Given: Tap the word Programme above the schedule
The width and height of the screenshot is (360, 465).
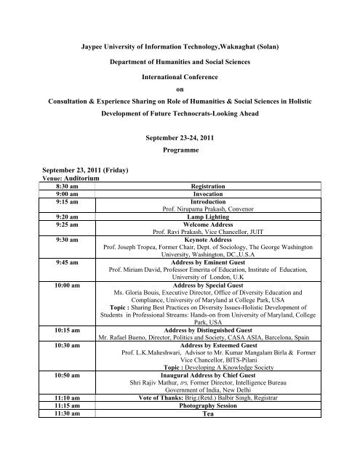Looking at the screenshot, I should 181,155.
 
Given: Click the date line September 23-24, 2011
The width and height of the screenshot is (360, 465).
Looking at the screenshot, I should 181,139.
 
